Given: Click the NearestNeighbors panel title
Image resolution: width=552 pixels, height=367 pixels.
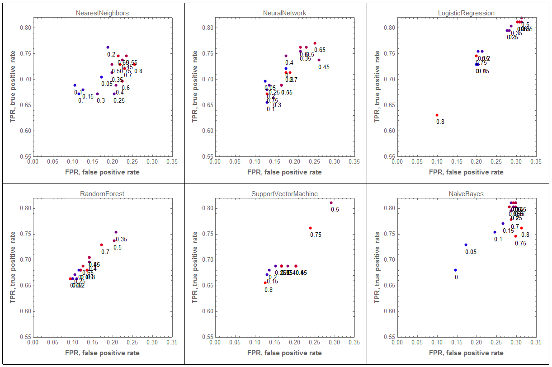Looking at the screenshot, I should (102, 13).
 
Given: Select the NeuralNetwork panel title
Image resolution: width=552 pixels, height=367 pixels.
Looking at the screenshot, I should (284, 13).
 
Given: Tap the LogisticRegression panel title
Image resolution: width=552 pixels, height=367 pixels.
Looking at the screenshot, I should (466, 13).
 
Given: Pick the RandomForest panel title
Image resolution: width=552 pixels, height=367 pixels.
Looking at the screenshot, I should (102, 194).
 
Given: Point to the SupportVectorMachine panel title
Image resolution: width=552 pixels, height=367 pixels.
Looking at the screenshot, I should (284, 194).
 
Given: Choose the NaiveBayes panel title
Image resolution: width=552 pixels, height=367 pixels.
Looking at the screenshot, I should (466, 194).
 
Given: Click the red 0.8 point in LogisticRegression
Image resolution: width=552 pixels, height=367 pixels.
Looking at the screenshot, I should (437, 115).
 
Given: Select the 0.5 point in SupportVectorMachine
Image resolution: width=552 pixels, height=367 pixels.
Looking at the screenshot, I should (331, 202).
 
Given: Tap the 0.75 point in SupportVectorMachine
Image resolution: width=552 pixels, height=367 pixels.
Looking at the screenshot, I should (310, 228).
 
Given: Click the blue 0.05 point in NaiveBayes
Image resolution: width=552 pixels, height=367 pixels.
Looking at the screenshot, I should (466, 245).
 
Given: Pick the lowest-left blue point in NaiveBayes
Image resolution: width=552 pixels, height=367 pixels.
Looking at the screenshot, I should (455, 270).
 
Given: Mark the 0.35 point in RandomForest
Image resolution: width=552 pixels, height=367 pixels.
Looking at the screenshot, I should (116, 232).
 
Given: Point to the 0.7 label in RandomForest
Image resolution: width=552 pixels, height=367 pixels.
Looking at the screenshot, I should (105, 252).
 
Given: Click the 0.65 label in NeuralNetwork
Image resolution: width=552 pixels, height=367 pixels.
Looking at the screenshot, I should (320, 50).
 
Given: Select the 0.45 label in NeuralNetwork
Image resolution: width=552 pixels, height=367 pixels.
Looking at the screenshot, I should (324, 67).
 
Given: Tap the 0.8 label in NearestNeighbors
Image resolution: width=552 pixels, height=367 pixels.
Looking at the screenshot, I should (138, 71).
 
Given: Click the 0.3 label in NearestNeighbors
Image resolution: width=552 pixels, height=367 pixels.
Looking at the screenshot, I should (101, 101).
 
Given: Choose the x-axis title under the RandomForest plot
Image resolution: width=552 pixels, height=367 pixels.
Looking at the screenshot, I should (102, 353).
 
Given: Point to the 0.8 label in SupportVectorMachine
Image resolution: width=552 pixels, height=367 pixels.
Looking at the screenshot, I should (269, 290).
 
